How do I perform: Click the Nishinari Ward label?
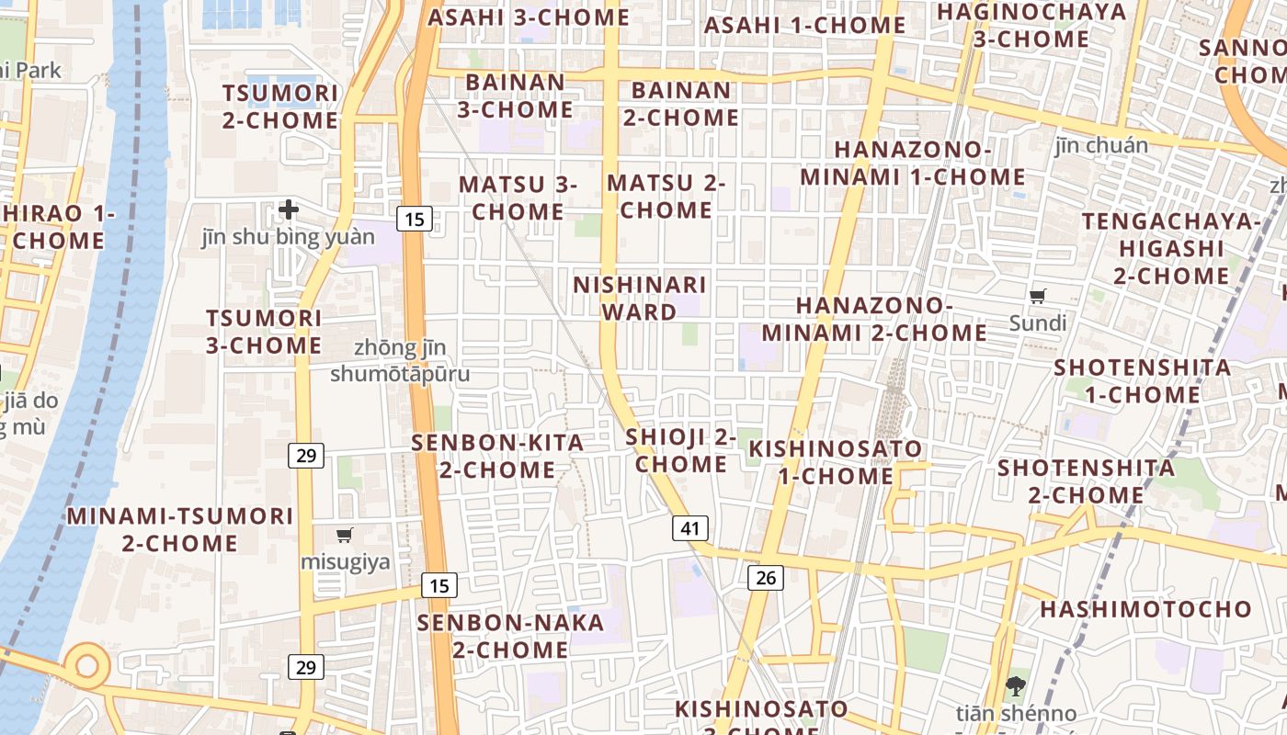[x=640, y=299]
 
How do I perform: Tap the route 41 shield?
[x=690, y=528]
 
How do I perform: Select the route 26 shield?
[x=765, y=577]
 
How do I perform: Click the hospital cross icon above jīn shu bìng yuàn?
[x=289, y=209]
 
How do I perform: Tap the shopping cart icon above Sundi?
[x=1038, y=296]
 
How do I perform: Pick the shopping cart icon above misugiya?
[x=345, y=535]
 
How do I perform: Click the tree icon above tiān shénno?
[x=1016, y=684]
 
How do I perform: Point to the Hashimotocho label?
[x=1145, y=609]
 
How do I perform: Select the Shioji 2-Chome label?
[x=681, y=450]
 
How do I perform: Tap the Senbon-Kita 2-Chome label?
[x=497, y=456]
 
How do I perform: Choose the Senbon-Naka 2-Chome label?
[x=510, y=636]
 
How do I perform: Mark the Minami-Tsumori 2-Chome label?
[x=180, y=529]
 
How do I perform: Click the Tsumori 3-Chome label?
[x=264, y=332]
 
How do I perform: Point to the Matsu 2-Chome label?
[x=666, y=197]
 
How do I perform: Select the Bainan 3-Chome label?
[x=515, y=96]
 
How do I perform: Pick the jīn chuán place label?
[x=1101, y=145]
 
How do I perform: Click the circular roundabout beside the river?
[x=87, y=663]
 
